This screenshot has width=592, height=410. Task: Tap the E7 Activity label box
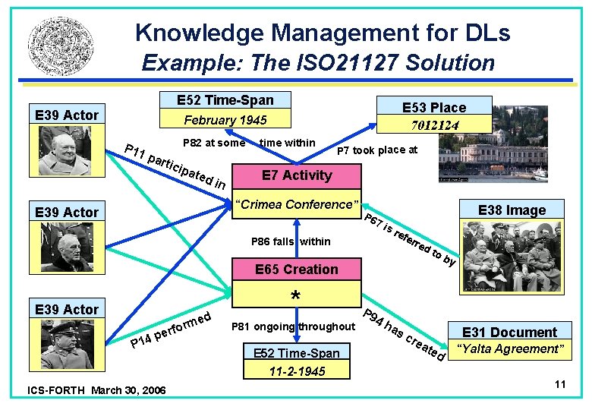coord(297,175)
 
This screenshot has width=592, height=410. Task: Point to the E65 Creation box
coord(296,270)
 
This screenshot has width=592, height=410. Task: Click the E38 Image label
coord(511,210)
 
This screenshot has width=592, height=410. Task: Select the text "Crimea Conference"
coord(296,205)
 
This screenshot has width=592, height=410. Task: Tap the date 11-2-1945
coord(297,371)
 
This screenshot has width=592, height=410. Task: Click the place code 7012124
coord(433,125)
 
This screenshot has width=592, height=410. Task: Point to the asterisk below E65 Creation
coord(296,295)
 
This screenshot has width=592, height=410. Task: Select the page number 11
coord(560,384)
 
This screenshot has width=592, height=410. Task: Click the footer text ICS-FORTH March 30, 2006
coord(96,389)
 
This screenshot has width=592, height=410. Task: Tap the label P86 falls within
coord(291,241)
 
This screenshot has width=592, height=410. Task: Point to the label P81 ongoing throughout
coord(291,327)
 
